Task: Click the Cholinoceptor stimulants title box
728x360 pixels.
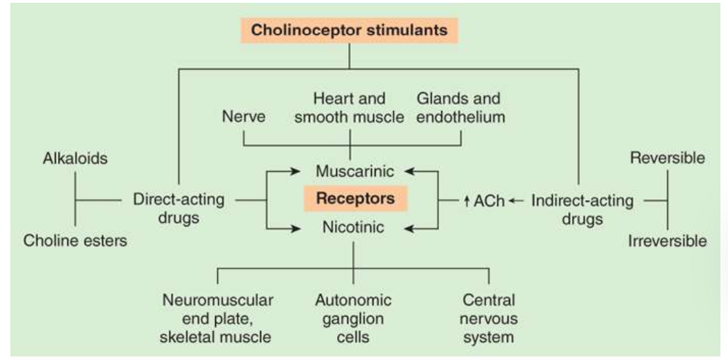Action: [349, 30]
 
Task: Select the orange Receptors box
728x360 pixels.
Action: [355, 199]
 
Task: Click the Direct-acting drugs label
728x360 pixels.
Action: [179, 209]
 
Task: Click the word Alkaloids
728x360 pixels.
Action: [75, 159]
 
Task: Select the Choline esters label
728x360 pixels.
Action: [75, 242]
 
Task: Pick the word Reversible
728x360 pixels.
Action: [667, 158]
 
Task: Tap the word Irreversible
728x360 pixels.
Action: [667, 241]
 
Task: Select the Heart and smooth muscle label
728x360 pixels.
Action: [349, 108]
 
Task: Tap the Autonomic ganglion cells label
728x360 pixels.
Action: [353, 319]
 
